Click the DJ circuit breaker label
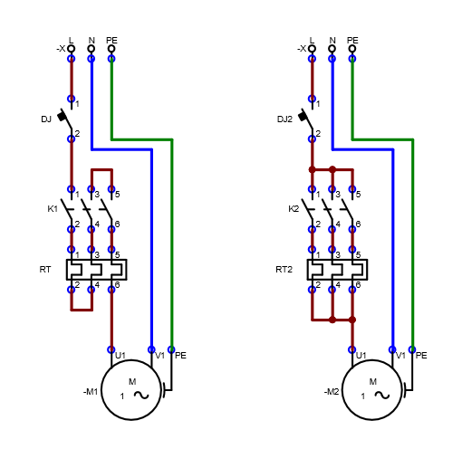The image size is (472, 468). [x=46, y=119]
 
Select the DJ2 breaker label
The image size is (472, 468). [x=284, y=119]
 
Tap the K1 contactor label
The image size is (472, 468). [x=53, y=209]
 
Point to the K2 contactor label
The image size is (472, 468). [x=294, y=209]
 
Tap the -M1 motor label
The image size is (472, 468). [x=91, y=392]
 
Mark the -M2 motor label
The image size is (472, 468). [x=332, y=392]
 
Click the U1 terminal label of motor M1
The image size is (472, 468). [x=120, y=356]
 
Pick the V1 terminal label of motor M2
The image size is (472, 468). [x=400, y=356]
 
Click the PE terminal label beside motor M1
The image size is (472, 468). [x=180, y=356]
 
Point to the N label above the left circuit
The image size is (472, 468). [x=92, y=40]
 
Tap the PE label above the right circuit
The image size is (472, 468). [x=352, y=40]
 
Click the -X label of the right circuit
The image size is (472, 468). [x=302, y=48]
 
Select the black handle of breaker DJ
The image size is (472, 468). [x=62, y=116]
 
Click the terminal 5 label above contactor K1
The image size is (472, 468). [x=117, y=195]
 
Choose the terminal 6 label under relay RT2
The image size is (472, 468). [x=358, y=284]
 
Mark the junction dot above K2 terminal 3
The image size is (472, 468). [x=332, y=169]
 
